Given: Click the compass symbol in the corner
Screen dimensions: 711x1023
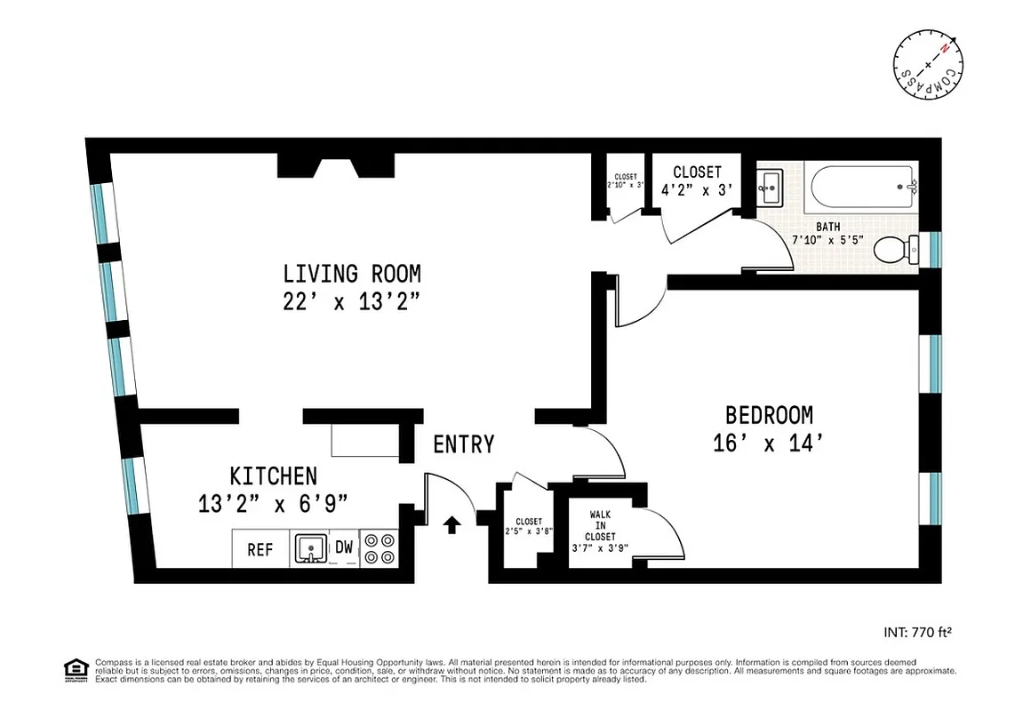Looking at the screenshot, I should [x=928, y=68].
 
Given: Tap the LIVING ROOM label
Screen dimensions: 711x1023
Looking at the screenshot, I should [x=351, y=273].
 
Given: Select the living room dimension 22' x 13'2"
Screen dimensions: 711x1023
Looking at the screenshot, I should [x=351, y=301].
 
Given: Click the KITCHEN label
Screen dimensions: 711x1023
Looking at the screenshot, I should [x=273, y=475].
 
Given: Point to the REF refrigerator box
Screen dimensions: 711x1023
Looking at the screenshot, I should [x=260, y=550].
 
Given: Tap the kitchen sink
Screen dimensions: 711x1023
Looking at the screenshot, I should [x=309, y=549].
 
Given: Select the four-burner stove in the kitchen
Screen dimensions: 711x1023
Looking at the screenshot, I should [x=380, y=548].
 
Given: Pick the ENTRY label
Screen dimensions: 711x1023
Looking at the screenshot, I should [x=463, y=444].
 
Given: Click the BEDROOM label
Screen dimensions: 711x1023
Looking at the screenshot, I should [x=769, y=415].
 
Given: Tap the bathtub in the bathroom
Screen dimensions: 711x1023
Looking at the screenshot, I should [x=862, y=186].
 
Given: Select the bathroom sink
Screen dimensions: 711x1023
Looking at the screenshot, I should [x=769, y=187].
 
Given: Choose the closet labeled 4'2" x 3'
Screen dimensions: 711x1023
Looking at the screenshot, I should [x=697, y=180].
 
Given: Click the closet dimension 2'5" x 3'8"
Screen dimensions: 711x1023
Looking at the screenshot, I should [x=528, y=531].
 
